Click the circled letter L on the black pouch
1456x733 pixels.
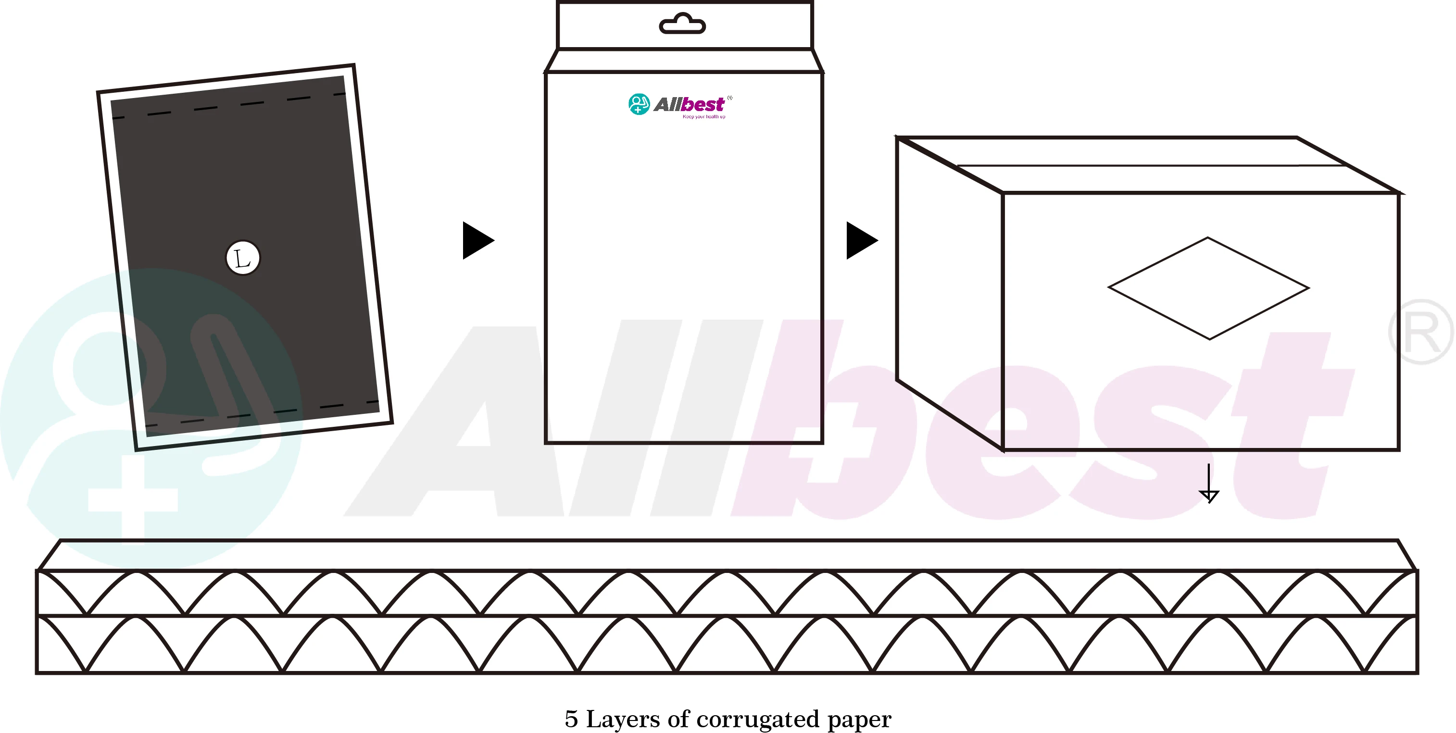242,258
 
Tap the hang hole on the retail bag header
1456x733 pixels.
682,25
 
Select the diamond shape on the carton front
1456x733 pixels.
1208,288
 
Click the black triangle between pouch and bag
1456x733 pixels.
477,240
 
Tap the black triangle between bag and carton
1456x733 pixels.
860,240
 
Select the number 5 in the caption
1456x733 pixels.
571,720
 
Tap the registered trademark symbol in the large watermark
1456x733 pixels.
1420,332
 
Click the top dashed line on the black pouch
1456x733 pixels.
229,106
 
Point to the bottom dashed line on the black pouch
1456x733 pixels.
263,414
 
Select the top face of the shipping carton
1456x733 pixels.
1147,164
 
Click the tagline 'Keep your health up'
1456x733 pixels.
703,117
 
